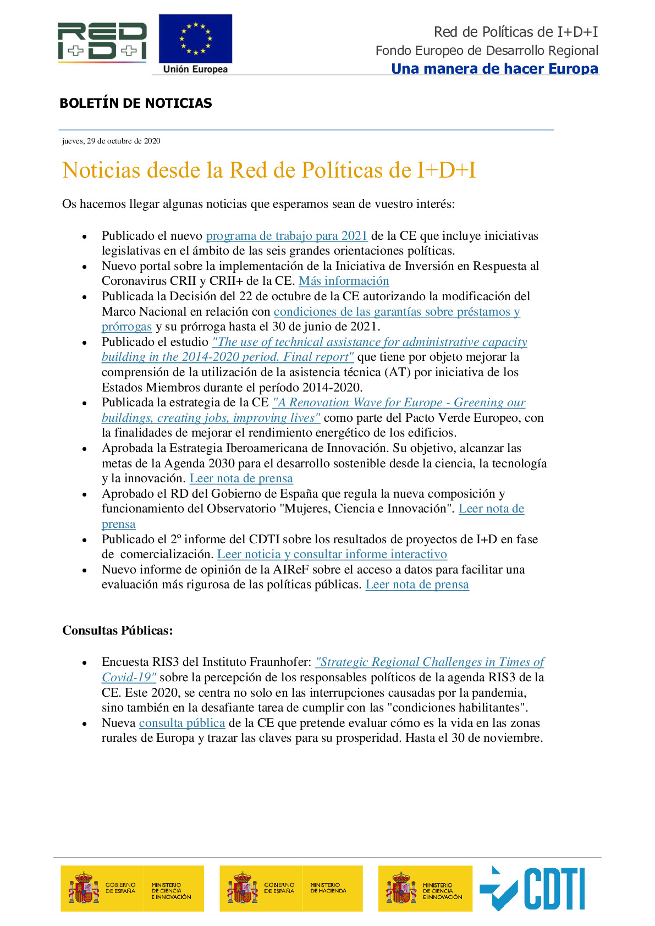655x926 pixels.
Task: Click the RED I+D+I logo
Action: coord(102,41)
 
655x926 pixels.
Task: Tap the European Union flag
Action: coord(195,38)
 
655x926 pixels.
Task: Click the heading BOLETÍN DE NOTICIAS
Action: coord(135,103)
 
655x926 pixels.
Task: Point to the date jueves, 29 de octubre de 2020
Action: coord(111,141)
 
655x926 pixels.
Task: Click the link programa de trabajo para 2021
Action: coord(287,236)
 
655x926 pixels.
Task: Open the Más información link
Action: coord(344,281)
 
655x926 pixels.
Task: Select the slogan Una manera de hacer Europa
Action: coord(494,69)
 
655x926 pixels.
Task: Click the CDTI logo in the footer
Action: coord(532,888)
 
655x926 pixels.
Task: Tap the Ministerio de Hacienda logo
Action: coord(291,888)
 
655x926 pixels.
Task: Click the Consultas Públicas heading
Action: coord(118,630)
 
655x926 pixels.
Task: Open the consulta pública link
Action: coord(182,723)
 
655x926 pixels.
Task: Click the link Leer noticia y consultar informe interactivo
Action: coord(332,554)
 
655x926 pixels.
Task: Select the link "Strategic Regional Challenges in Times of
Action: coord(430,662)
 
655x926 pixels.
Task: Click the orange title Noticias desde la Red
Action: coord(269,170)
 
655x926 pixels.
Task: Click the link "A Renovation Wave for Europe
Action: coord(399,403)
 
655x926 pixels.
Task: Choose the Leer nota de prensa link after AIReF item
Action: coord(417,585)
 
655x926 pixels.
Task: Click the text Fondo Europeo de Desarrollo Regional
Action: coord(487,51)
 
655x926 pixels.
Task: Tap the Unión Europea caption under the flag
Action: coord(195,69)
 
